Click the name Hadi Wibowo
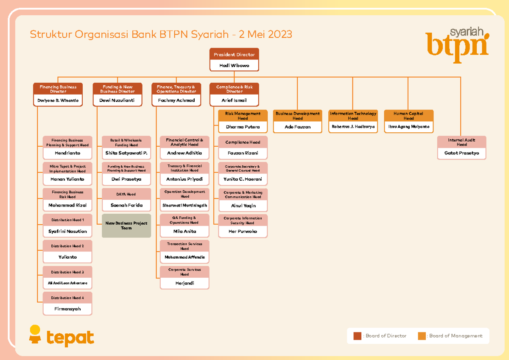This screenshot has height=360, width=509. tap(234, 65)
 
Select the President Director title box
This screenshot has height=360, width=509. tap(234, 55)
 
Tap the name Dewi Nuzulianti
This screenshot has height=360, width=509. tap(117, 100)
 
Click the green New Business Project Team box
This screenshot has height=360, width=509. tap(126, 226)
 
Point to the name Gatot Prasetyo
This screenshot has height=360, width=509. tap(462, 153)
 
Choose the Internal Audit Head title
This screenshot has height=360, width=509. tap(462, 142)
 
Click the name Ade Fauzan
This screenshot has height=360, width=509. tap(297, 127)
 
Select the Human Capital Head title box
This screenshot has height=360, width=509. tap(408, 116)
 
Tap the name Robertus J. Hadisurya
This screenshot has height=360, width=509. tap(353, 127)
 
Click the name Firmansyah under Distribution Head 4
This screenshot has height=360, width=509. tap(67, 309)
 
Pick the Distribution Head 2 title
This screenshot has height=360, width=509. tap(67, 246)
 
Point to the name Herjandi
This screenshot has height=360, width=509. tap(185, 283)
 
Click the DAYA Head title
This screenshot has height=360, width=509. tap(126, 194)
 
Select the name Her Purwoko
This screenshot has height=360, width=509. tap(243, 232)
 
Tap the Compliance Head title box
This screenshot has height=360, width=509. tap(243, 142)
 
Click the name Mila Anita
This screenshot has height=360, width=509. tap(185, 232)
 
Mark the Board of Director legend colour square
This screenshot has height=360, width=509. tap(357, 336)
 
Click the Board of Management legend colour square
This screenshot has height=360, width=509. tap(421, 336)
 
